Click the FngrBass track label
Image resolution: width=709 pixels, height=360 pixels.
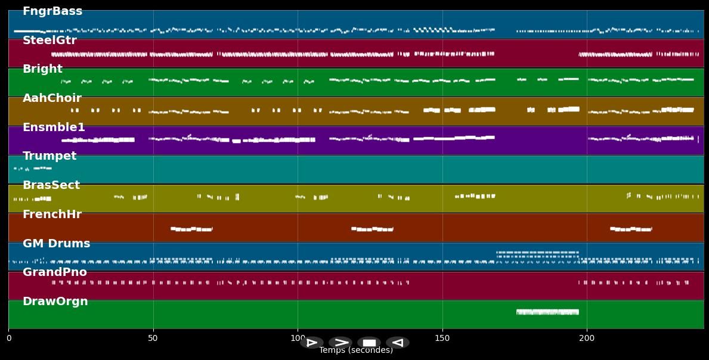coord(52,11)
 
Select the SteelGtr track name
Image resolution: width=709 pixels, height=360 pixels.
coord(49,41)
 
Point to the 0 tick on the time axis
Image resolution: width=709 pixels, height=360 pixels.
coord(8,339)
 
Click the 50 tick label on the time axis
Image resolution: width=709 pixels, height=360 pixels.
coord(153,339)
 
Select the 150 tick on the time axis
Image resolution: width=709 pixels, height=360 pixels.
coord(442,339)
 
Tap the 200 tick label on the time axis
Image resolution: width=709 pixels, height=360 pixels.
coord(587,339)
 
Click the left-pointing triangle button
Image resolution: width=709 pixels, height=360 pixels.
coord(398,343)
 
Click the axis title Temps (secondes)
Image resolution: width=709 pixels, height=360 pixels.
coord(356,350)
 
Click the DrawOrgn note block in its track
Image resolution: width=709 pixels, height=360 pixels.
coord(547,312)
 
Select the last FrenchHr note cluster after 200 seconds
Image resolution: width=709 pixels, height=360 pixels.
coord(631,229)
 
